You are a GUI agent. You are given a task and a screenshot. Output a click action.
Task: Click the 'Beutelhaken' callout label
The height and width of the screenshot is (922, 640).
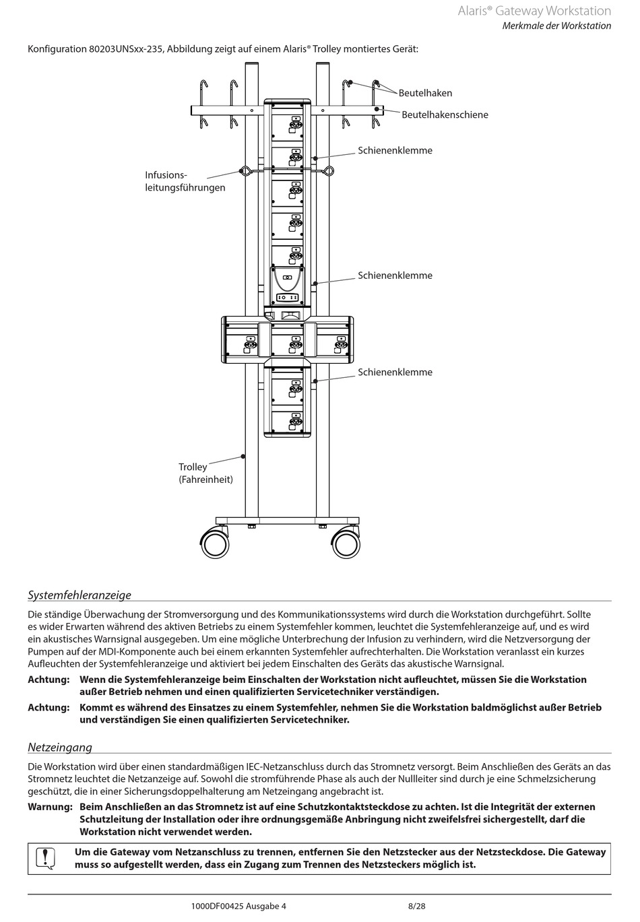click(x=425, y=93)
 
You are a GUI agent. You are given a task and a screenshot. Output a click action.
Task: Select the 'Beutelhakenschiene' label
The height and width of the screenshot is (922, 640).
click(x=445, y=114)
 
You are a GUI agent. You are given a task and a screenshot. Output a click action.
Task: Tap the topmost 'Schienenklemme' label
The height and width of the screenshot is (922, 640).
click(x=395, y=150)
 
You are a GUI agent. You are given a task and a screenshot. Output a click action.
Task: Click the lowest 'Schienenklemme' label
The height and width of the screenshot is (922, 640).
click(x=395, y=372)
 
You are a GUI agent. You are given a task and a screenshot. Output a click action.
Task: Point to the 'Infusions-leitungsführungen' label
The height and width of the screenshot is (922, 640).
click(x=185, y=181)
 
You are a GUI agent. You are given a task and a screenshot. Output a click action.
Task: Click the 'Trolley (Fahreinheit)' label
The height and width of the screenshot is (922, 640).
click(x=205, y=473)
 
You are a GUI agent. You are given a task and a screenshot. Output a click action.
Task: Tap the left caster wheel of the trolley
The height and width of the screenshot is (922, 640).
click(x=215, y=542)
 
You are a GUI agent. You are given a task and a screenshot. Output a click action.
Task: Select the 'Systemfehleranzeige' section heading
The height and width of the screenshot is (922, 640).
click(x=79, y=595)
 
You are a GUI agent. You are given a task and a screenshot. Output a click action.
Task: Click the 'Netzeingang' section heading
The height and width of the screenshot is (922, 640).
click(x=60, y=747)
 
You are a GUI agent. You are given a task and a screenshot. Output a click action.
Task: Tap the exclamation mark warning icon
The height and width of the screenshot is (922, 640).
click(x=44, y=858)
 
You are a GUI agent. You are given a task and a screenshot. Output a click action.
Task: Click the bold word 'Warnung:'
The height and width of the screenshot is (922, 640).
click(x=50, y=807)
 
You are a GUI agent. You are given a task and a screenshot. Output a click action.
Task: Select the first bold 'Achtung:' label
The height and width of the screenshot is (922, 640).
click(x=49, y=680)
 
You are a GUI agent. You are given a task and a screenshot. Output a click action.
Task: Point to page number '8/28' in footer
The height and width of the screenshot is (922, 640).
click(x=417, y=906)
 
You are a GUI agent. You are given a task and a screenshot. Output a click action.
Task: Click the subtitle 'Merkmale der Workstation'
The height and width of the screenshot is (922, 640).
click(x=556, y=26)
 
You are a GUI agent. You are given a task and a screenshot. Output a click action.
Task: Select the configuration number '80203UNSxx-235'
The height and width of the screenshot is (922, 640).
click(x=126, y=49)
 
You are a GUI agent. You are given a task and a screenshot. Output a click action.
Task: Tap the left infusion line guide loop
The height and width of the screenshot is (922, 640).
click(x=245, y=170)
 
